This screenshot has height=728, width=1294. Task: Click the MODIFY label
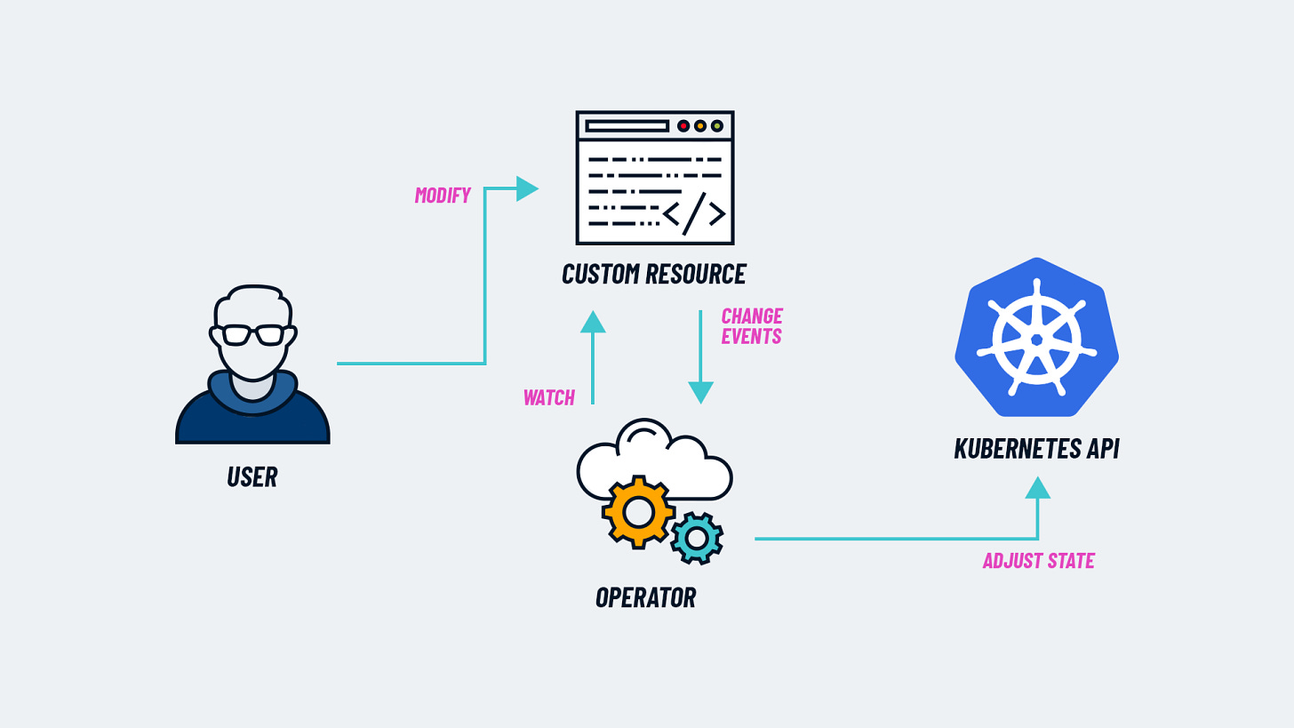(443, 196)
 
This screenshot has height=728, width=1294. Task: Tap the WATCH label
(548, 397)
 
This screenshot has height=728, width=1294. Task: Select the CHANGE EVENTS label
(751, 326)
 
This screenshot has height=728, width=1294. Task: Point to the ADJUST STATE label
(1038, 561)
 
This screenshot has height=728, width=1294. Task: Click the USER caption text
(252, 476)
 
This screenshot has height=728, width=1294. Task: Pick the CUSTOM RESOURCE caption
(654, 274)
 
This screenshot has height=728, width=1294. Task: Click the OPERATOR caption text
(646, 597)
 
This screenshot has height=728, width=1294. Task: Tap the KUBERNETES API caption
(1036, 448)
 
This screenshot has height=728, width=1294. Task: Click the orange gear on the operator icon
(638, 512)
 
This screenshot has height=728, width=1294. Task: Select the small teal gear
(697, 538)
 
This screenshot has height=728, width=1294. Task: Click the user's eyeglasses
(253, 335)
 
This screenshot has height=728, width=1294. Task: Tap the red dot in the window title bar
(683, 126)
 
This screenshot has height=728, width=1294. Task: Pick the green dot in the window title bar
(717, 126)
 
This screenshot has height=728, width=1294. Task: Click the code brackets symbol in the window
(695, 213)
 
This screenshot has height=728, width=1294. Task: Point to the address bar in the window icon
(627, 126)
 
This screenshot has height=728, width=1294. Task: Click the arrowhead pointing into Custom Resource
(527, 188)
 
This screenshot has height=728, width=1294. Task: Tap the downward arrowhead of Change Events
(700, 392)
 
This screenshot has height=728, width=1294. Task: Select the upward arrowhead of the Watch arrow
(593, 322)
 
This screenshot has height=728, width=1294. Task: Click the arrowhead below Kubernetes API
(1037, 488)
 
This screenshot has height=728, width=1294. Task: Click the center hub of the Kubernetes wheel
(1036, 340)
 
